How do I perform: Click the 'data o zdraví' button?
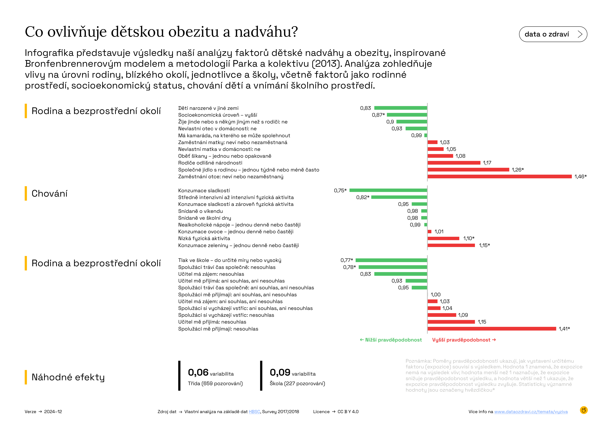pyautogui.click(x=553, y=34)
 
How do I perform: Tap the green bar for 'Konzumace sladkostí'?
pyautogui.click(x=388, y=190)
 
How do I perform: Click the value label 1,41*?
pyautogui.click(x=564, y=329)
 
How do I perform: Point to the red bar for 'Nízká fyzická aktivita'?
pyautogui.click(x=443, y=238)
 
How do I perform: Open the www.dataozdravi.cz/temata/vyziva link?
pyautogui.click(x=531, y=412)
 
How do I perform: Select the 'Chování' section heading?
pyautogui.click(x=49, y=193)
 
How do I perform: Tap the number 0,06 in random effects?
pyautogui.click(x=198, y=372)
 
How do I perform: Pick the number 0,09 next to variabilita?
pyautogui.click(x=280, y=372)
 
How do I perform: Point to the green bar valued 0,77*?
pyautogui.click(x=391, y=260)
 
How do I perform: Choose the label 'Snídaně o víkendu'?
pyautogui.click(x=201, y=211)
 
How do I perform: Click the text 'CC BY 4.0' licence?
pyautogui.click(x=348, y=412)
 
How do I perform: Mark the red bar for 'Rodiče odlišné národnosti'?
pyautogui.click(x=454, y=163)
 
